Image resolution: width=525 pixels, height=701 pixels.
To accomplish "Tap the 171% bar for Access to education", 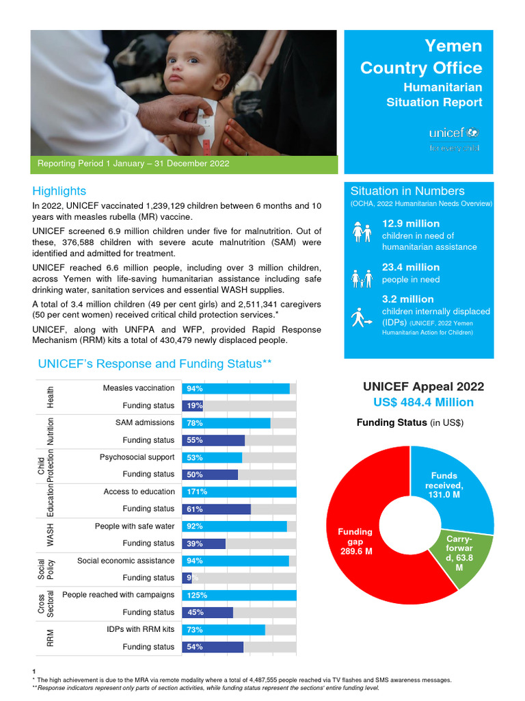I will coord(239,492).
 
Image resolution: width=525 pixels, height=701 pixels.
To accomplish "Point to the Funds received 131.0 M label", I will coord(444,485).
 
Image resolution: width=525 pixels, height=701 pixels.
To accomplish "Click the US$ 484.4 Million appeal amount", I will coord(418,402).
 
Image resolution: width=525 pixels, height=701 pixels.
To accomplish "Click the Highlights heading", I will coord(59,191).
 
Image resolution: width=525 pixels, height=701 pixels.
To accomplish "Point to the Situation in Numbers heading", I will coord(407,191).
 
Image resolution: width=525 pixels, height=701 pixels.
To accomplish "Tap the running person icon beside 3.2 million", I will coord(361,316).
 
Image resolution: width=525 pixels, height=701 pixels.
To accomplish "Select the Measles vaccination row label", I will coord(139,388).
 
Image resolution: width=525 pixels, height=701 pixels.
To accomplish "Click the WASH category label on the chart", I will coord(50,535).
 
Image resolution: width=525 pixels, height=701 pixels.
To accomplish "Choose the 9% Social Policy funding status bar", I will coord(187,578).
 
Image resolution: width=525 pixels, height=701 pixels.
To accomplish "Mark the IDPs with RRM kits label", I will coord(140,629).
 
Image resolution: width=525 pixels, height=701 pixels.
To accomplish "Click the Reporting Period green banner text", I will coord(133,164).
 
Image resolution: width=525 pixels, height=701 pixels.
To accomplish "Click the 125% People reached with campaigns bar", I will coord(239,595).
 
